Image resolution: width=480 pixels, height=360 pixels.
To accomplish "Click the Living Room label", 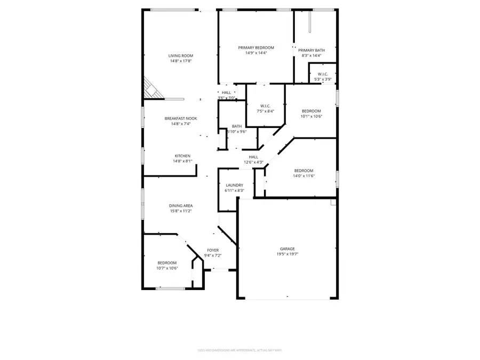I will coord(180,55).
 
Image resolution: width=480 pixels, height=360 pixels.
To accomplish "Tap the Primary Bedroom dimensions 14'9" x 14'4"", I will coord(255,53).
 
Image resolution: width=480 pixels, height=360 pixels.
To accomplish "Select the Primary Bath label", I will coord(311,50).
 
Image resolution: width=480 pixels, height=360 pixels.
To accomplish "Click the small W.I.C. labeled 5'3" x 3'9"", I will coord(322,76).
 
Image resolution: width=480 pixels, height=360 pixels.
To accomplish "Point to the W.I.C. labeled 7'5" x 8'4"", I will coord(265,108).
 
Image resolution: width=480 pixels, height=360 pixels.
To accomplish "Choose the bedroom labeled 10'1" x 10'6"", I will coord(311,113).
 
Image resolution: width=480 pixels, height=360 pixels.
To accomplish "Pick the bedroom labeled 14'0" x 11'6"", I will coord(303,173).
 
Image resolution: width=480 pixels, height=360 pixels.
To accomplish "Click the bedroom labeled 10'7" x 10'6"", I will coord(166,265).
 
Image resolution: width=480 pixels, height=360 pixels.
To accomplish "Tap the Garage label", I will coord(287,249).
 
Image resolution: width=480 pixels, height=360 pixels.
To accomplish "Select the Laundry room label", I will coord(234,185).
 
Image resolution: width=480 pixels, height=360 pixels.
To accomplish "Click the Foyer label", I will coord(213,250).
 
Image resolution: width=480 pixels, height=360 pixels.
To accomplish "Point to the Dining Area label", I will coord(180,205).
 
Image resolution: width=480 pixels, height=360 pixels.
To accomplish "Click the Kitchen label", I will coord(182,156).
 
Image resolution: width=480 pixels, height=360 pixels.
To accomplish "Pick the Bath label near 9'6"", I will coord(237,126).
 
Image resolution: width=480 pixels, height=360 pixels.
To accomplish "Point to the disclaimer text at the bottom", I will coord(239,350).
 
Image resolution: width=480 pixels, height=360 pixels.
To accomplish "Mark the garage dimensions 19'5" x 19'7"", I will coord(287,254).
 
